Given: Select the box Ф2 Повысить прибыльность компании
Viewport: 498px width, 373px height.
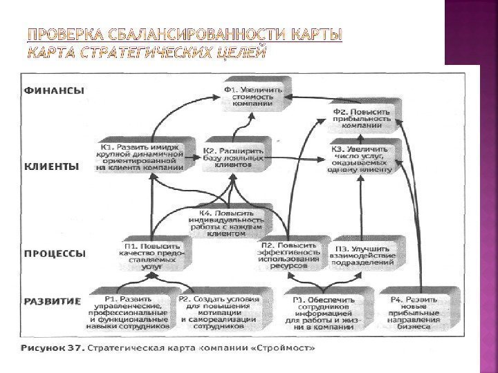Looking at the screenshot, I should tap(361, 118).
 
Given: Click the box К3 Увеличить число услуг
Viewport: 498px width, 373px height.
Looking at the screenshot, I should tap(361, 157).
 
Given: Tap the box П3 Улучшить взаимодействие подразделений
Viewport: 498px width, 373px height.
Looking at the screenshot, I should tap(365, 254).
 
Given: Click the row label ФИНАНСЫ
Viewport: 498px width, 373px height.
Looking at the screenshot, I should tap(55, 90).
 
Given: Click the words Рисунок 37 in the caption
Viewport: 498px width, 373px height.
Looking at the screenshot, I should tap(52, 347).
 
